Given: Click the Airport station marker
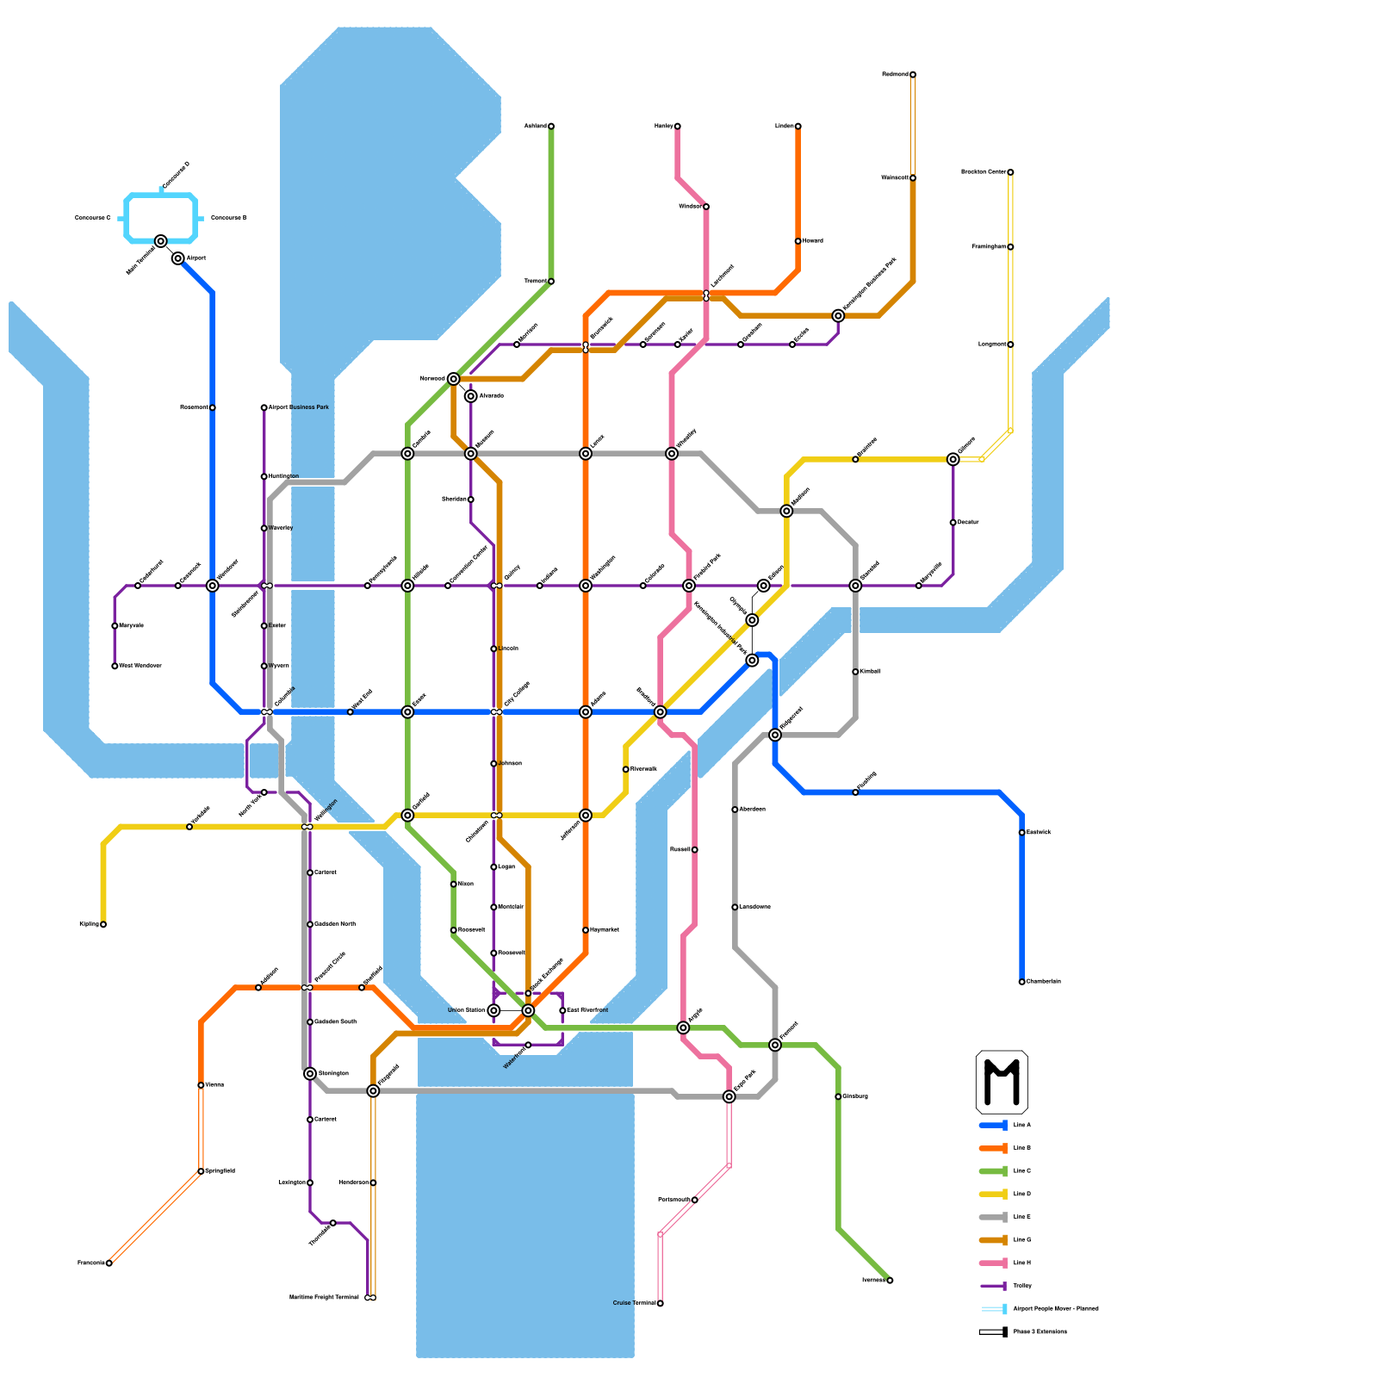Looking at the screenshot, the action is click(177, 258).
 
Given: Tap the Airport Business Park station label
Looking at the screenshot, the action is click(298, 407).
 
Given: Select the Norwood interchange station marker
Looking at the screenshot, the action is click(454, 379).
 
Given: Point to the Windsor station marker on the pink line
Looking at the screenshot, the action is click(706, 207).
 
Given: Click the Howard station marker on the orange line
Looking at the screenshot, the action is click(798, 241).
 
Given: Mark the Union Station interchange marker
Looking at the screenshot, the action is click(493, 1010).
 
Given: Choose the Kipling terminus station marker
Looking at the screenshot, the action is click(103, 925).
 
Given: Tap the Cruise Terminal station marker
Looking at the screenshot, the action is click(661, 1304).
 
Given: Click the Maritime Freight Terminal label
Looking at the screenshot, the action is click(324, 1298).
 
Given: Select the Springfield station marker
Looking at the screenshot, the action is click(201, 1171).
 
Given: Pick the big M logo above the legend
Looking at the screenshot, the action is click(1002, 1082).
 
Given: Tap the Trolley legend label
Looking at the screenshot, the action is click(1022, 1286).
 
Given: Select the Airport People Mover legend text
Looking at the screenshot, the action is click(1056, 1309).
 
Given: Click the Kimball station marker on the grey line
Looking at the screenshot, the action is click(855, 672).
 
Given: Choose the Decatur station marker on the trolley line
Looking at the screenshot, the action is click(953, 523).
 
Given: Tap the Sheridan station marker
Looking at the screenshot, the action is click(471, 500).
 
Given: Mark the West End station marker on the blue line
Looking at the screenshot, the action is click(350, 712).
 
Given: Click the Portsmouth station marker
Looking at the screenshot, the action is click(695, 1200).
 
